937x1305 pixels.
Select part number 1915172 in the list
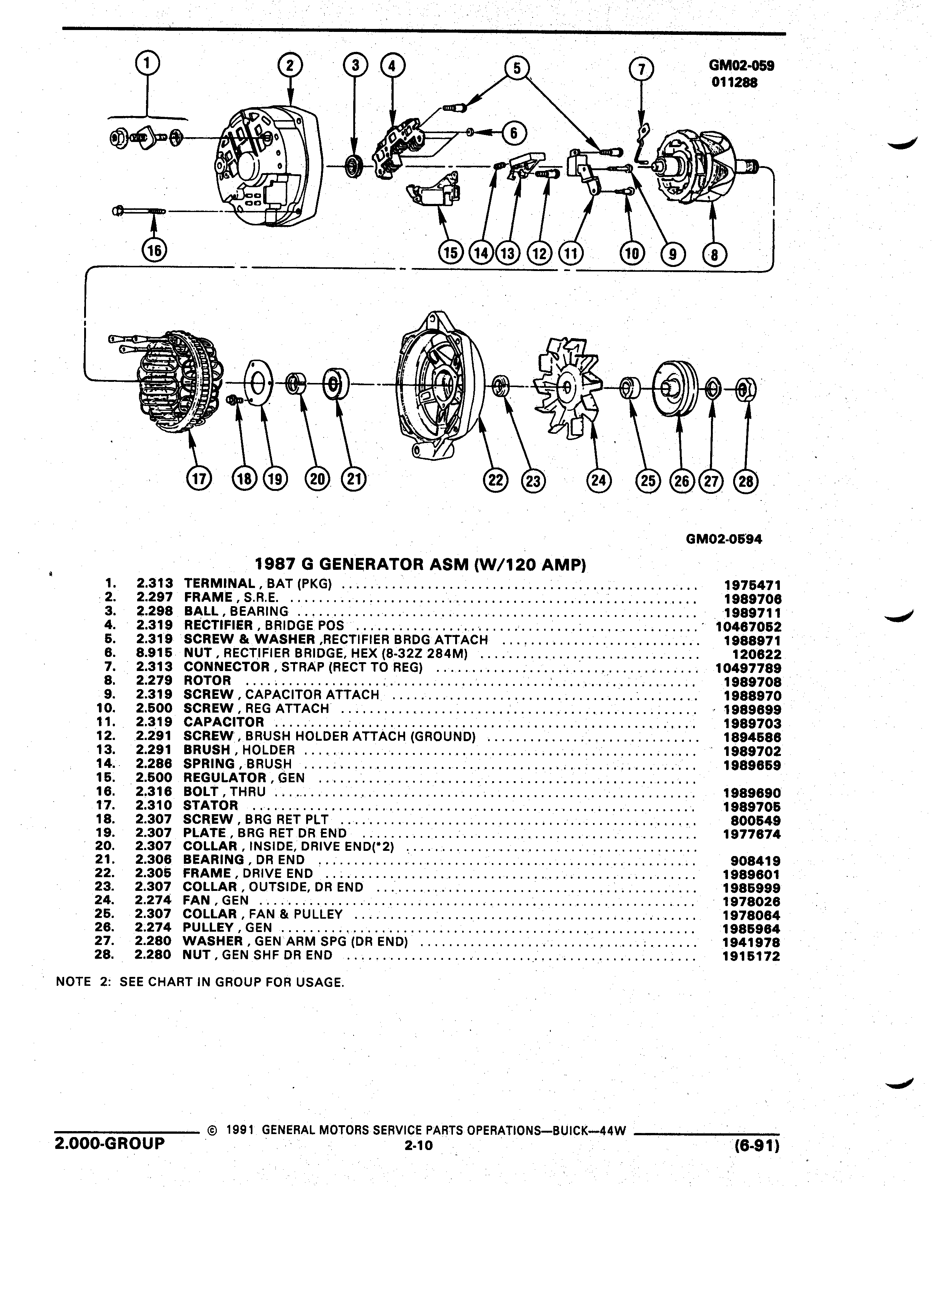(x=752, y=956)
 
